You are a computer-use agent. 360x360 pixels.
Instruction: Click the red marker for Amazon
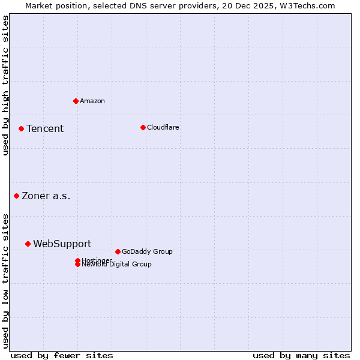(76, 101)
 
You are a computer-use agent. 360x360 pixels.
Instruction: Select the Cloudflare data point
(143, 127)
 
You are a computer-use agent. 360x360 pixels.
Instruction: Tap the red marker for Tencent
(21, 128)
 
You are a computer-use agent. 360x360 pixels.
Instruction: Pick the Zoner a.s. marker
(16, 196)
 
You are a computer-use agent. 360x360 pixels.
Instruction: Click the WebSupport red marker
(28, 244)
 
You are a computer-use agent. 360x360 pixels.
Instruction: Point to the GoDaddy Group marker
(118, 251)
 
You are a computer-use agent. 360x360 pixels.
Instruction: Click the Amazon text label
(92, 101)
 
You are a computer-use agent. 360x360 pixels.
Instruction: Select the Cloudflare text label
(163, 127)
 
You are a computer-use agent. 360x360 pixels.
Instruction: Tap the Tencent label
(45, 129)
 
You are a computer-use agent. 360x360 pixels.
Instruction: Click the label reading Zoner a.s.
(46, 196)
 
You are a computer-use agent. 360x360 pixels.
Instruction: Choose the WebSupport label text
(62, 244)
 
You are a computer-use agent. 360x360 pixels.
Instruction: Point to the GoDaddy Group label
(147, 252)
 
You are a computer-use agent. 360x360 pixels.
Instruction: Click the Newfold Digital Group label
(117, 265)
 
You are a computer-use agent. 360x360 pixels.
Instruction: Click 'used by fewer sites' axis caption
(62, 355)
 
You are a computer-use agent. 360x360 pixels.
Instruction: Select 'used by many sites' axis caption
(301, 355)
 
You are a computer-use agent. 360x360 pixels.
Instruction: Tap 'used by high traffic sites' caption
(6, 85)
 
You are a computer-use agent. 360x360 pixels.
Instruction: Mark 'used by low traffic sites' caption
(6, 281)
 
